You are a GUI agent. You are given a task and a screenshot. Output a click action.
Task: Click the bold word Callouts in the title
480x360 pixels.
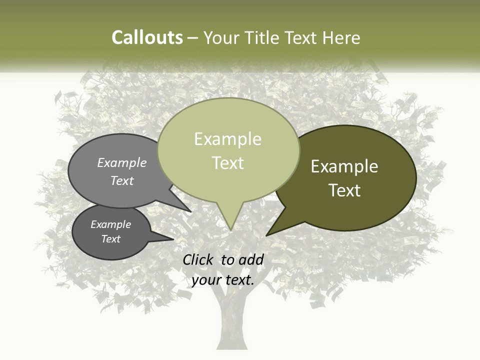coord(147,37)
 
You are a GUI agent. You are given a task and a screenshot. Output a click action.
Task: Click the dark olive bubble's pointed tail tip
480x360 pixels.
coord(267,234)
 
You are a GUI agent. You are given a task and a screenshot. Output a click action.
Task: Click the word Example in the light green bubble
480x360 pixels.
coord(228,139)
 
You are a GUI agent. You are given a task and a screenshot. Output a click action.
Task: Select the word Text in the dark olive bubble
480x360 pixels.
coord(345,190)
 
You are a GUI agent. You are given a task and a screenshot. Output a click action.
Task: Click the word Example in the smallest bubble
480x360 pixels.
coord(111,224)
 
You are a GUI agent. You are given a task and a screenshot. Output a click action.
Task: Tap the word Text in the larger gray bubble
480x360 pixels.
coord(122,181)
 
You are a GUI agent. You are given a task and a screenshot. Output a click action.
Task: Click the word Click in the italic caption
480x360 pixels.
coord(198,259)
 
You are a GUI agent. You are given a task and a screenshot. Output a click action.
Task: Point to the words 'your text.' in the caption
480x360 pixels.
coord(223,280)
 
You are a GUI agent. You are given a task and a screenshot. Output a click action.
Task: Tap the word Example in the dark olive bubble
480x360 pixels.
coord(344,166)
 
